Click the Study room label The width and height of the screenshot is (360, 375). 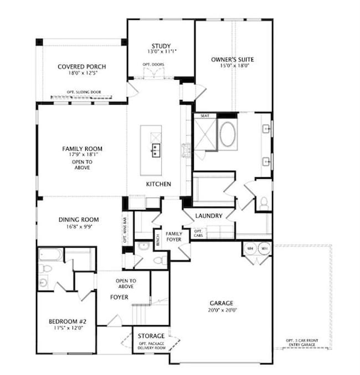(161, 46)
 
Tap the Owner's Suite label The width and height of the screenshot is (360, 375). (233, 59)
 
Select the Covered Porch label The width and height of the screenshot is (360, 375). (82, 67)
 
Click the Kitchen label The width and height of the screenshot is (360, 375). (158, 184)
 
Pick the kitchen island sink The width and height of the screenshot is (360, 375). (156, 150)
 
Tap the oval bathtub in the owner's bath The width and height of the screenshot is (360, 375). (227, 134)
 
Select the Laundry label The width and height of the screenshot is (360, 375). (209, 215)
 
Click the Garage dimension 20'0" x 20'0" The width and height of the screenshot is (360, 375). (221, 310)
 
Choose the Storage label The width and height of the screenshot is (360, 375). (151, 336)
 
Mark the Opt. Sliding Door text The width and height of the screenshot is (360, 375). (82, 92)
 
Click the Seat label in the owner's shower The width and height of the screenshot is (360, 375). (204, 115)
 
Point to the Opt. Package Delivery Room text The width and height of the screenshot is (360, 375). (151, 346)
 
